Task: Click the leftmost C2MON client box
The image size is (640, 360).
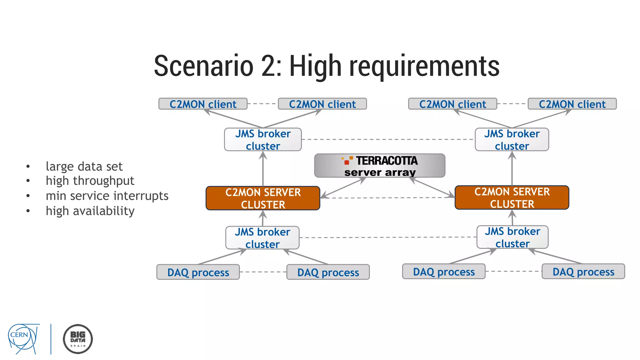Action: [203, 104]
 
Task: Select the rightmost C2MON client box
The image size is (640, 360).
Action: [572, 104]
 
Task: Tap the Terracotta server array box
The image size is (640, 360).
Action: [380, 166]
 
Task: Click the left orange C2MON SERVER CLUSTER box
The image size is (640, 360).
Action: [263, 198]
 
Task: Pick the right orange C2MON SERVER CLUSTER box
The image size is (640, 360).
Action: [512, 197]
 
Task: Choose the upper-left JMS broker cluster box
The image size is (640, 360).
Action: [263, 140]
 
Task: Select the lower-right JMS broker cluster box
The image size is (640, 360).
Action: [512, 237]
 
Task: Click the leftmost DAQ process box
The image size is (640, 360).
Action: [198, 272]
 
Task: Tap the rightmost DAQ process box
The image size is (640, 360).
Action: [583, 272]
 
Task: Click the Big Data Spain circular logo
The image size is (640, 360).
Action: [78, 339]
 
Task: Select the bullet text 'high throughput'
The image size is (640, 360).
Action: [90, 181]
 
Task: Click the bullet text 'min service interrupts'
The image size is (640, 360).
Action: [107, 196]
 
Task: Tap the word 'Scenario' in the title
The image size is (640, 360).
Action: [203, 66]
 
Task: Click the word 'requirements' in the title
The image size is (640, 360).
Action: [424, 66]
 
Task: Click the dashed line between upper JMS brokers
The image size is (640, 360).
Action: [387, 139]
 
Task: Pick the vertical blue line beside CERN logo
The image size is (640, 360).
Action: [51, 339]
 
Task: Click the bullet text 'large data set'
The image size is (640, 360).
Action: [84, 167]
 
